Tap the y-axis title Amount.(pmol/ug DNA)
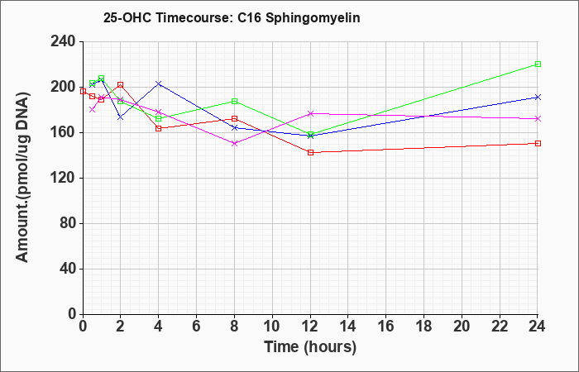22,178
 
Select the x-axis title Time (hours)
310,347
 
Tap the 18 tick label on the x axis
423,327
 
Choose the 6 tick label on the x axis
197,327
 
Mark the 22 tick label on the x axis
500,327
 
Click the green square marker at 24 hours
538,64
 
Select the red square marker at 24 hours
538,143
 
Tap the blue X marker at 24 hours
538,97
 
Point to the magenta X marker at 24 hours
538,118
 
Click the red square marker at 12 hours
310,152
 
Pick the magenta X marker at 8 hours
234,143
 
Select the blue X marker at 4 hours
159,83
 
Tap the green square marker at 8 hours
234,101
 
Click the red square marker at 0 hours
83,91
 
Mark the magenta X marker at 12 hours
310,114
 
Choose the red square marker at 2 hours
121,85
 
